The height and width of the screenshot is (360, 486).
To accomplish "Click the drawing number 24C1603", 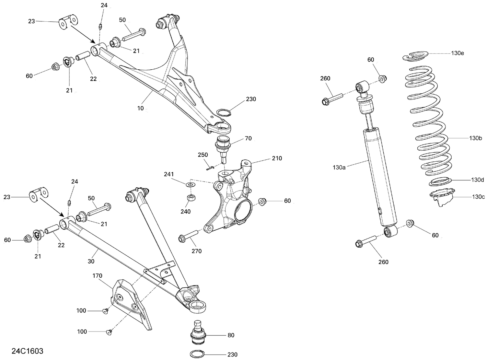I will [x=27, y=351].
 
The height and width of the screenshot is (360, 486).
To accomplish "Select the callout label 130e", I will [x=457, y=53].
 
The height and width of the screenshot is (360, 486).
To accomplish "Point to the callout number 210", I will [x=277, y=158].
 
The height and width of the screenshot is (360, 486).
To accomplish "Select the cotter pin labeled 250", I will [x=209, y=168].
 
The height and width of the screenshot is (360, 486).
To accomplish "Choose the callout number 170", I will [x=97, y=276].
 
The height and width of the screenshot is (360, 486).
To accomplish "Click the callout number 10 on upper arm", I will [x=140, y=108].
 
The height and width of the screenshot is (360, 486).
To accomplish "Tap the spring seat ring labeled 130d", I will [x=441, y=182].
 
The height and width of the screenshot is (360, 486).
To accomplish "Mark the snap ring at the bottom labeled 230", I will [x=196, y=354].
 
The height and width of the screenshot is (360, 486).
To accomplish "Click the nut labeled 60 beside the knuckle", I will [x=263, y=201].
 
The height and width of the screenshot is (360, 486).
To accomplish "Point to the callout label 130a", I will [x=339, y=168].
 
